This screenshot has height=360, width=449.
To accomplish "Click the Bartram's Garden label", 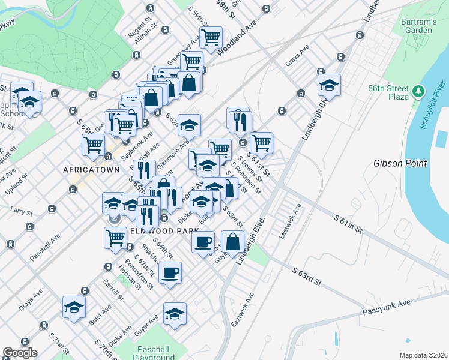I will pyautogui.click(x=418, y=26).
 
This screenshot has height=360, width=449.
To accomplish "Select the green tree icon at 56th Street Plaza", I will pyautogui.click(x=419, y=92).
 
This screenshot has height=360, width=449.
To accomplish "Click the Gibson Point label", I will pyautogui.click(x=400, y=163).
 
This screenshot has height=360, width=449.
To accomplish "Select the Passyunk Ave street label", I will pyautogui.click(x=387, y=308).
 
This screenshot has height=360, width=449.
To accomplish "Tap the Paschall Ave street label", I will pyautogui.click(x=46, y=246).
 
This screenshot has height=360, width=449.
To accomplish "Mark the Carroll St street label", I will pyautogui.click(x=113, y=289).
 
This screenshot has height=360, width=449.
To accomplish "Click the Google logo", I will pyautogui.click(x=20, y=353).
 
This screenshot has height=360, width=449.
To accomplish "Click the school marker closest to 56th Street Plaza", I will pyautogui.click(x=329, y=85).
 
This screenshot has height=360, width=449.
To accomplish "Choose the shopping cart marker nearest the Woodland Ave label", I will pyautogui.click(x=211, y=37).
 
